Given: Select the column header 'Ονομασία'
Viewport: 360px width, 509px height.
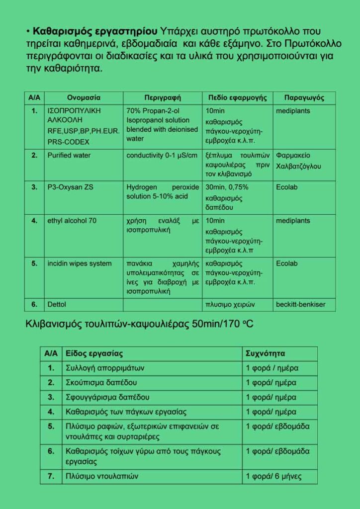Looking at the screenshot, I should tap(84, 98).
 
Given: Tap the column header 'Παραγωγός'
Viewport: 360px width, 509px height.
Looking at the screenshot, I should tap(304, 98).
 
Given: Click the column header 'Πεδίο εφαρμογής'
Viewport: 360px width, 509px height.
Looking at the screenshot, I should tap(237, 98).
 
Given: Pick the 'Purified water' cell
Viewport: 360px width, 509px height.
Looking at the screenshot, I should tap(69, 155).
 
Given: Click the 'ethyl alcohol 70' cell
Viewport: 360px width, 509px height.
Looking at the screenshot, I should tap(72, 221).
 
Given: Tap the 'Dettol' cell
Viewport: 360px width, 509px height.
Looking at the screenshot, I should tap(57, 304).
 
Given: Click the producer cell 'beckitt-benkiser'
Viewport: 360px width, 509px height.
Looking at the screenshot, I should tap(301, 304).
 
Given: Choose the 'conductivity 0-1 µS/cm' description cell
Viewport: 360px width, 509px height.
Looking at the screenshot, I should tap(162, 155).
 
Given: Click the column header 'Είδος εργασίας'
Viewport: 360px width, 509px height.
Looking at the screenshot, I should tap(94, 354).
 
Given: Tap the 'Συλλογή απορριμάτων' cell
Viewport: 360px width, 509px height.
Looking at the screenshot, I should tap(105, 368).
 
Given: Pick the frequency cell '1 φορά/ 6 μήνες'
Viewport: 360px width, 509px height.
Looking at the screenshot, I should tap(274, 476).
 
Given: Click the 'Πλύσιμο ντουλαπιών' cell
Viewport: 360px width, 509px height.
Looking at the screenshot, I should tap(102, 476).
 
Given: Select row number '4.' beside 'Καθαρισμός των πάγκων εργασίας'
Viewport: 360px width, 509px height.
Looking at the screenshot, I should tap(51, 412).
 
